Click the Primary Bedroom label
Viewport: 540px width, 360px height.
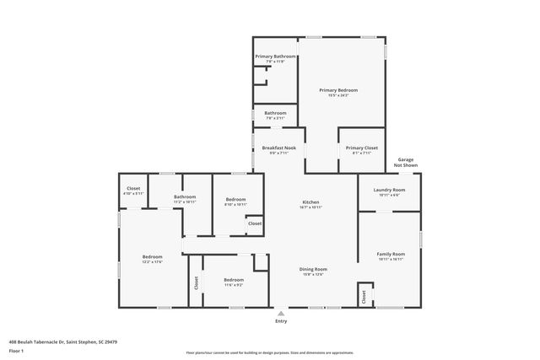[x=337, y=90]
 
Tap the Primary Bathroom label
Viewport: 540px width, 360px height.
[x=275, y=56]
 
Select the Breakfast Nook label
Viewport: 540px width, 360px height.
[x=278, y=148]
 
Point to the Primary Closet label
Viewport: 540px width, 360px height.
[x=362, y=148]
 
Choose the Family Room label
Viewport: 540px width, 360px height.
[x=391, y=254]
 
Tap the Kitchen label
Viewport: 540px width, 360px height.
[x=311, y=202]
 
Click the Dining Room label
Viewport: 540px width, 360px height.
[x=313, y=269]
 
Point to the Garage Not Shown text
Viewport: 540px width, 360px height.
[x=407, y=162]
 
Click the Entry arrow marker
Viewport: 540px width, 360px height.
[x=281, y=312]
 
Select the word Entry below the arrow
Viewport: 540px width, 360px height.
[x=281, y=321]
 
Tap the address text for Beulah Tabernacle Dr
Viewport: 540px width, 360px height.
[x=63, y=341]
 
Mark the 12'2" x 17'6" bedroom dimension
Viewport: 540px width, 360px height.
[x=152, y=261]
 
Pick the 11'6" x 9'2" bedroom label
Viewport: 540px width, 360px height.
[x=234, y=285]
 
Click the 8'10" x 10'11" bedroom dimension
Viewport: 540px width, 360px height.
[x=235, y=204]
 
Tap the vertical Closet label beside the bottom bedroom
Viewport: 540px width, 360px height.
[x=196, y=282]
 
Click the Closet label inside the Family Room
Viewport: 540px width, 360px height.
[x=364, y=297]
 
